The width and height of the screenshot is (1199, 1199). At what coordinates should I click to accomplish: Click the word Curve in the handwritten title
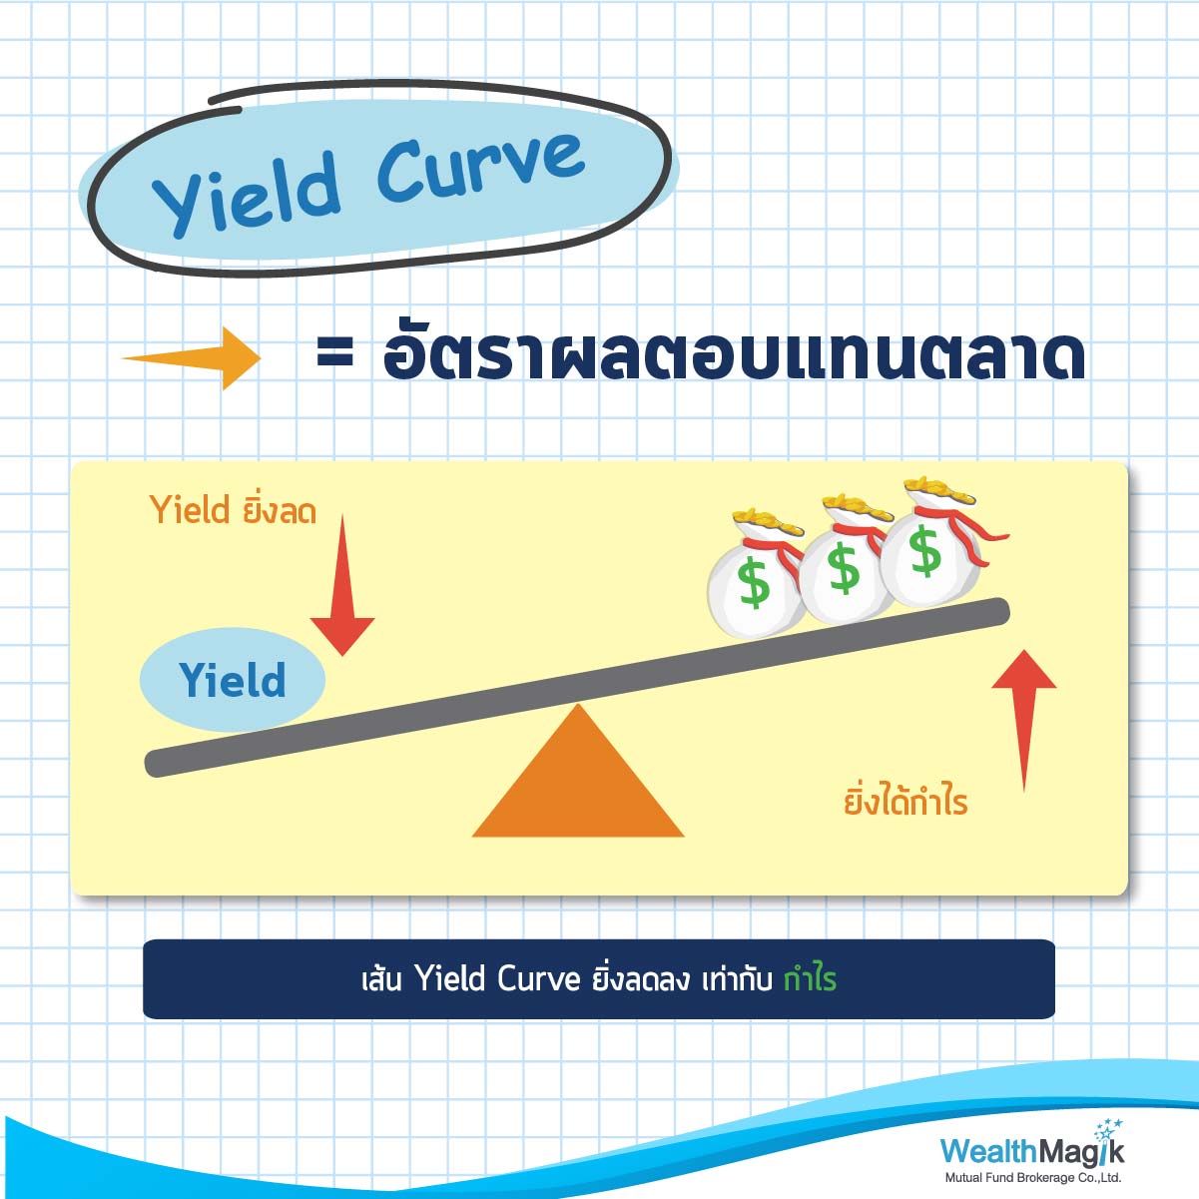[480, 164]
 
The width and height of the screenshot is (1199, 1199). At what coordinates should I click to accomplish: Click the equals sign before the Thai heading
[334, 359]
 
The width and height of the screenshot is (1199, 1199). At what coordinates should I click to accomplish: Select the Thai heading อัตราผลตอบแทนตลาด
[734, 356]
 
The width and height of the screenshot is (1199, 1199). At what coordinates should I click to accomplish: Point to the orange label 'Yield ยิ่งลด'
[234, 511]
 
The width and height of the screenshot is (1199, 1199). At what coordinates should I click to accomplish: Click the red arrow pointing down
[342, 585]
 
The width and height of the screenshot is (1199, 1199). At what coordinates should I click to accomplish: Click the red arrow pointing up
[1023, 720]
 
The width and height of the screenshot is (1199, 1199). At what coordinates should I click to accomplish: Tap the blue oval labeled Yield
[232, 679]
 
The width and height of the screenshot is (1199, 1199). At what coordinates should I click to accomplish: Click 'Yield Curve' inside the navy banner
[498, 979]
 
